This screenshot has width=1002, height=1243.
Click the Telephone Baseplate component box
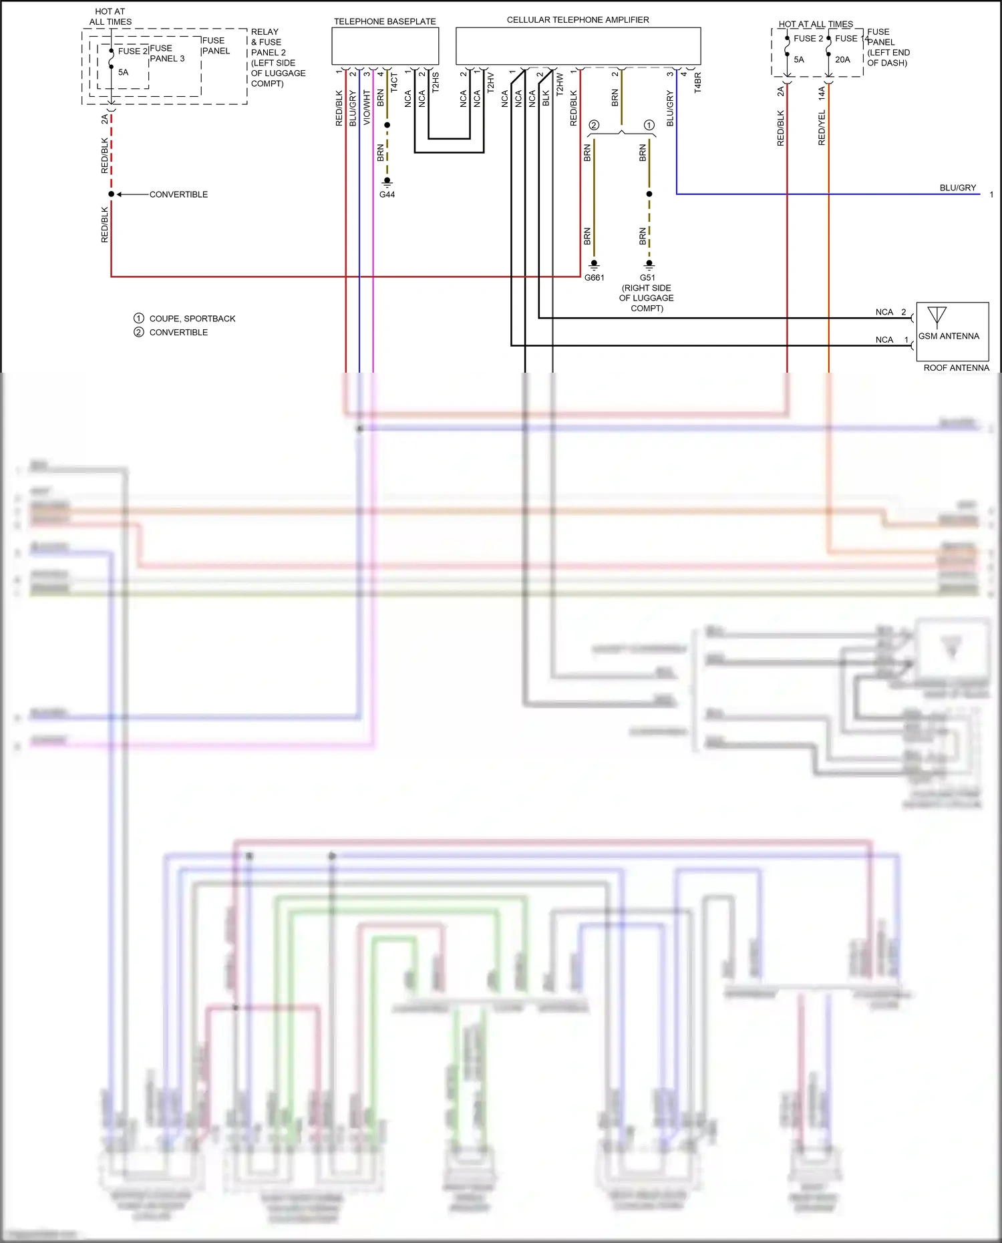coord(385,46)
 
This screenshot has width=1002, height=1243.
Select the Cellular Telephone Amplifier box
coord(578,46)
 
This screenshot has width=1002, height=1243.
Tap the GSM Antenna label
coord(949,336)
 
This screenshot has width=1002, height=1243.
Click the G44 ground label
coord(387,194)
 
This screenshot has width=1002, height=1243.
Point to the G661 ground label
coord(594,278)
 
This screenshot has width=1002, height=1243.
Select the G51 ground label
coord(647,278)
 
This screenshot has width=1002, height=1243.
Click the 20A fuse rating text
coord(842,59)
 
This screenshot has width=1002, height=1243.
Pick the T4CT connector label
coord(394,82)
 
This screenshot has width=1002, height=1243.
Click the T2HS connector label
coord(436,82)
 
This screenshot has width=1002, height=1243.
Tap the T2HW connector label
coord(560,83)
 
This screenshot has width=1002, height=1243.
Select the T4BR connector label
coord(697,82)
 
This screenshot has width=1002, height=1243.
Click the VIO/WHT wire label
coord(367,108)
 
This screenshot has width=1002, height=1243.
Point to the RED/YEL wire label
coord(822,128)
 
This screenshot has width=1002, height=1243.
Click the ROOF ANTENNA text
coord(956,368)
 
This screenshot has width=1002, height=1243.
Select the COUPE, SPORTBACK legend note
coord(192,319)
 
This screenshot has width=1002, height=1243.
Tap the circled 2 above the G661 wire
coord(594,125)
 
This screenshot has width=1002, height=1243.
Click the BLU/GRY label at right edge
coord(957,188)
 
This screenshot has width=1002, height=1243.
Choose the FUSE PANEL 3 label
coord(166,53)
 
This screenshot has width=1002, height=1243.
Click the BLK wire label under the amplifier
coord(546,98)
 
